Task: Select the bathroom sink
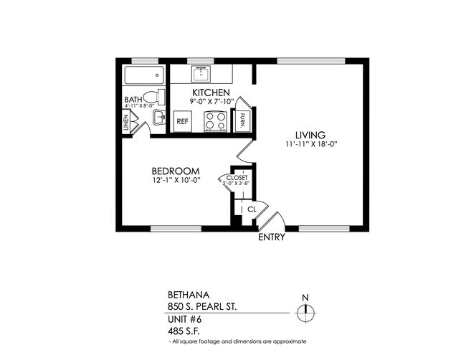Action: (158, 116)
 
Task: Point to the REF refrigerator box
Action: (183, 122)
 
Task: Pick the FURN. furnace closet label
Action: (244, 118)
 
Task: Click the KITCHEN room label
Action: (210, 93)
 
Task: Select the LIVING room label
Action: (310, 134)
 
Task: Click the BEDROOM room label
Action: (175, 170)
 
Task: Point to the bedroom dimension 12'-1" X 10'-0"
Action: (175, 180)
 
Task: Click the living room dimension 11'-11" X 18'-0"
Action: (310, 144)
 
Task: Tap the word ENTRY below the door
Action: (272, 237)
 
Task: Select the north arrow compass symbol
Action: (306, 310)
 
